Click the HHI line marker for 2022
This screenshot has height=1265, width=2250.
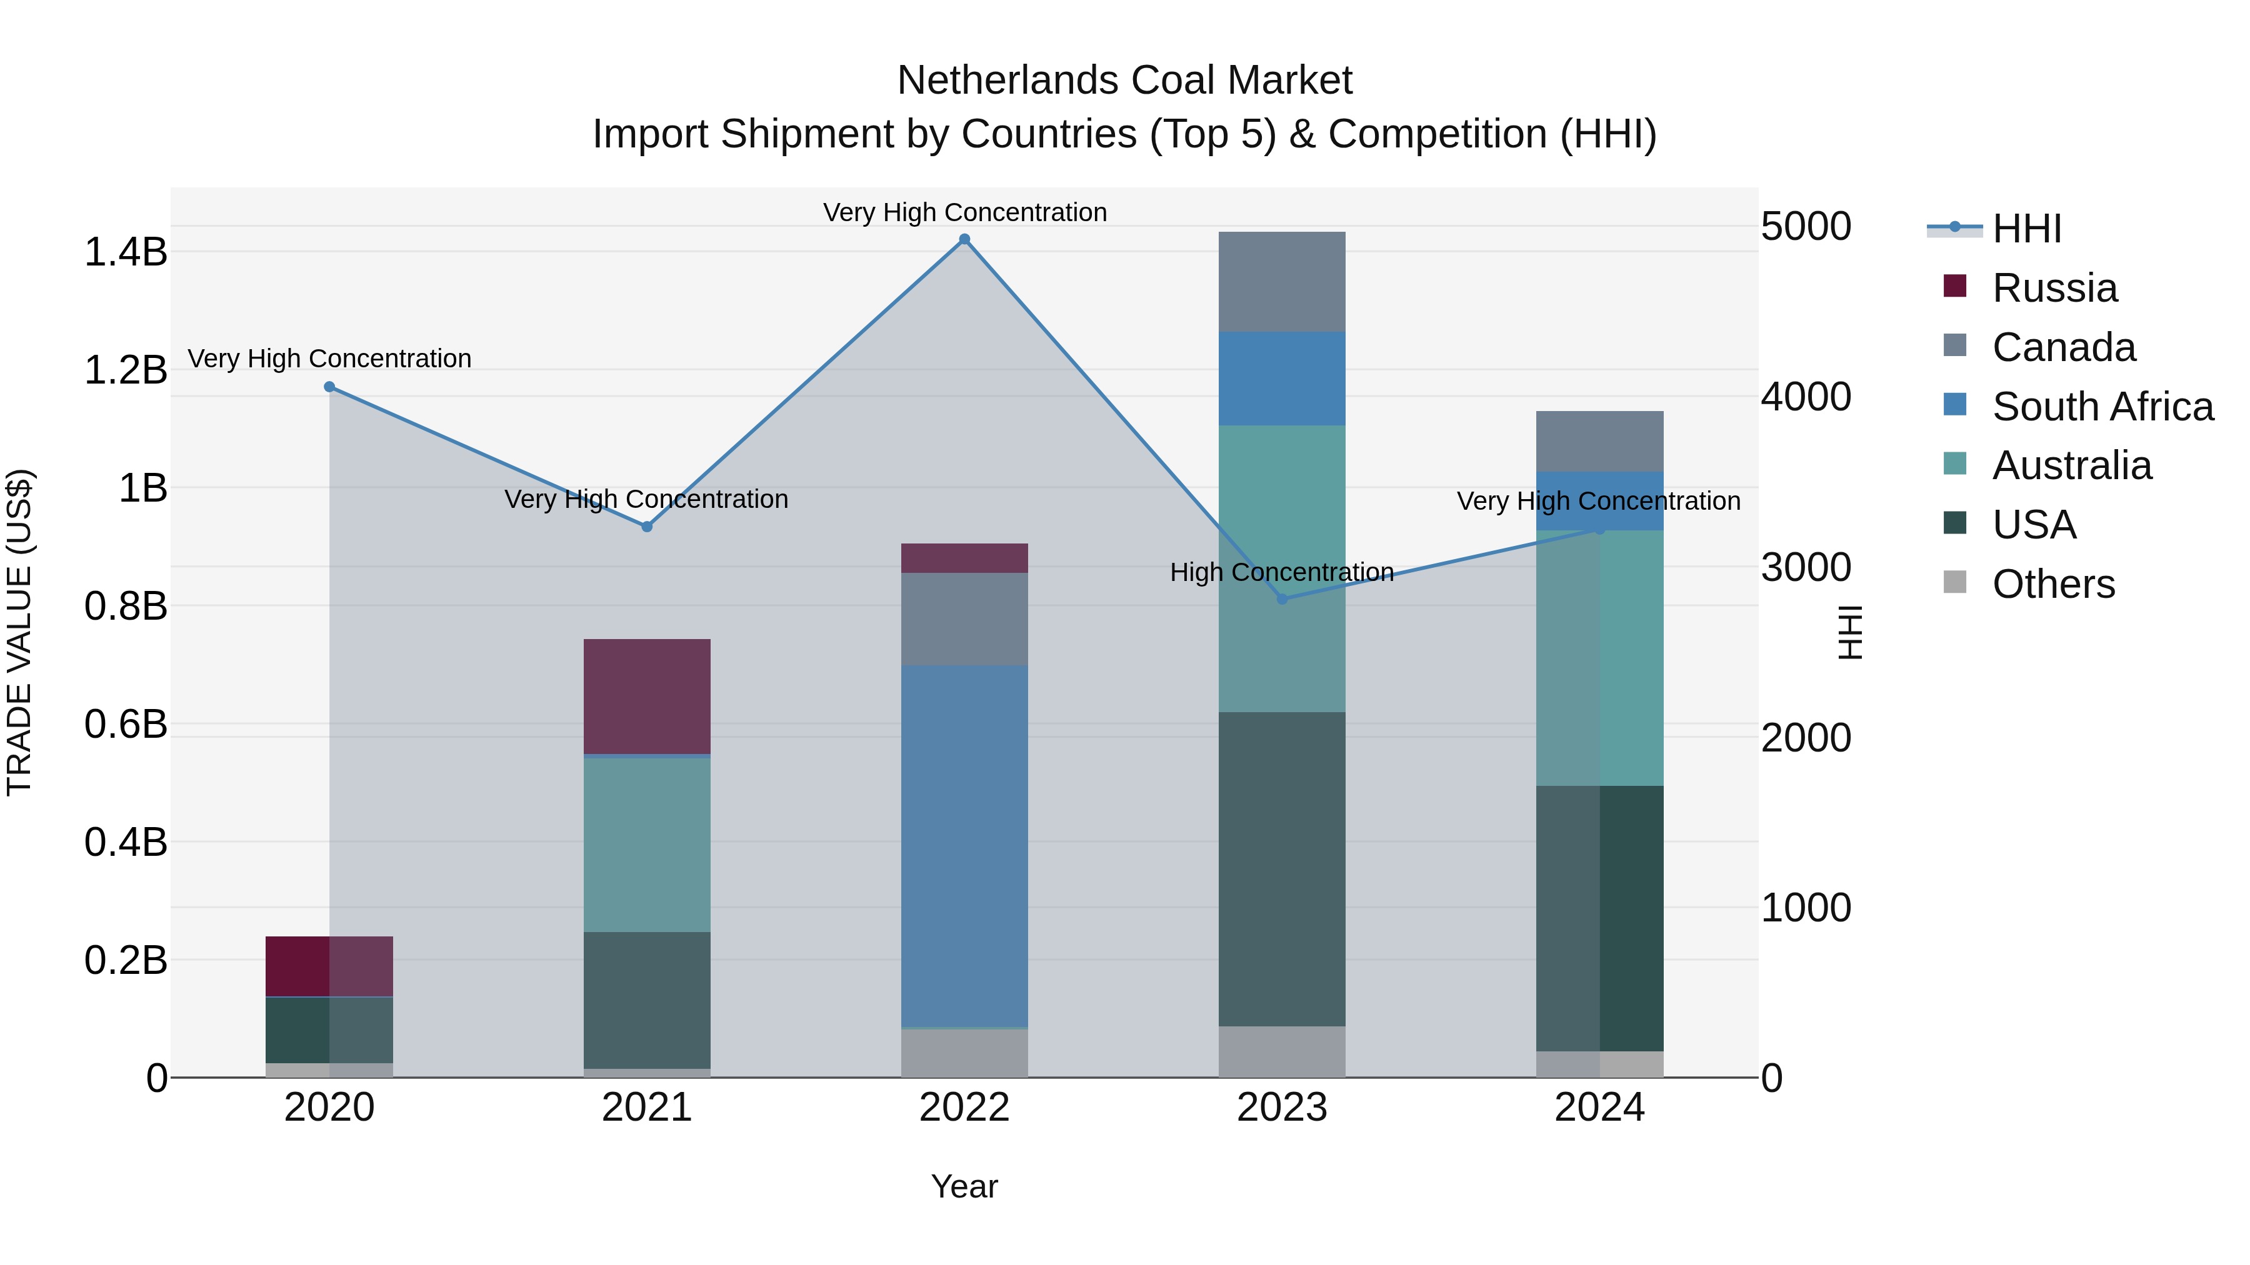964,239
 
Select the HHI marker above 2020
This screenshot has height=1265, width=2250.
329,387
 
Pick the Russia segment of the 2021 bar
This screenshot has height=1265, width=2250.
646,696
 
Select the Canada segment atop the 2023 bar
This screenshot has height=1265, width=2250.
1281,281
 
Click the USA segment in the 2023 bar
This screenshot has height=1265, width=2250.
1281,869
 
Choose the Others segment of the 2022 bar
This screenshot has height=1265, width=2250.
964,1053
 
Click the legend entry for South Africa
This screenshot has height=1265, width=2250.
2101,407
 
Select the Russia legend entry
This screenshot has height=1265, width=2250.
2054,288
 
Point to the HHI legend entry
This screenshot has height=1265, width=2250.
2026,229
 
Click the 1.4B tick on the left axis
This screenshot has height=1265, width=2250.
125,252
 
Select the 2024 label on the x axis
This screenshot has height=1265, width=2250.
1599,1108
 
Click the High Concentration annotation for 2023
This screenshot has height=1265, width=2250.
1281,573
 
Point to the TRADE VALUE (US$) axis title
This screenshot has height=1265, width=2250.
20,632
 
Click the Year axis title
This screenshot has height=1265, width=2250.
964,1186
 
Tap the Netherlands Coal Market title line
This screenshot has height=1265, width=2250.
1124,81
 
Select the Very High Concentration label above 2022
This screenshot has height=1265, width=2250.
964,213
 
